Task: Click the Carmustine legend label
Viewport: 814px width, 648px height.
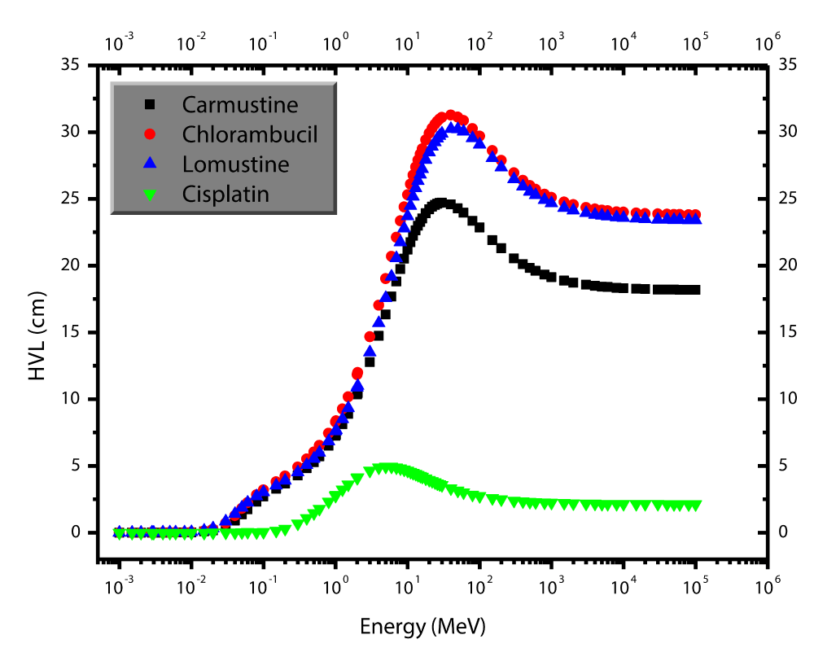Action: [x=240, y=105]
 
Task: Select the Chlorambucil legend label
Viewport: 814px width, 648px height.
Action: [x=250, y=134]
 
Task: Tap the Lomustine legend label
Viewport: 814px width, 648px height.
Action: [x=236, y=164]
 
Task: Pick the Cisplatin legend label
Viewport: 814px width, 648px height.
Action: [x=225, y=194]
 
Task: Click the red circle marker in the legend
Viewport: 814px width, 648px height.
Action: [x=149, y=134]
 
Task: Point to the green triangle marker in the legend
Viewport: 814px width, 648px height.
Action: [x=149, y=195]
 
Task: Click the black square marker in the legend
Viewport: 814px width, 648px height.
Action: [x=149, y=105]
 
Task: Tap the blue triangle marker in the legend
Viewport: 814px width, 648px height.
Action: [x=149, y=164]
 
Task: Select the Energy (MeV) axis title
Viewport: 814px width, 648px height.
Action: [x=423, y=626]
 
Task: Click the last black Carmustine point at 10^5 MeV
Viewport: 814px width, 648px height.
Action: [x=694, y=290]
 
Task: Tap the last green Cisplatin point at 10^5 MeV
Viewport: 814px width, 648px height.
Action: [x=695, y=506]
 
